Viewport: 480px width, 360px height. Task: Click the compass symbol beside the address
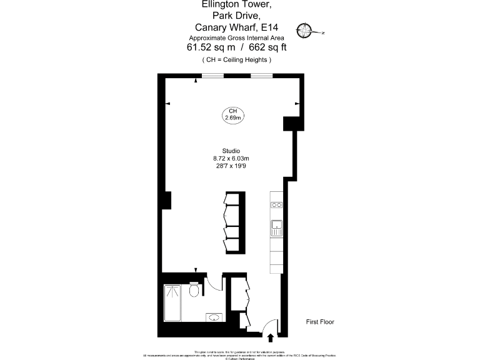304,29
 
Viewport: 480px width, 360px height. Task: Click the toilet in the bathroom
194,291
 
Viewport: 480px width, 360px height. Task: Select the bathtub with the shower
172,303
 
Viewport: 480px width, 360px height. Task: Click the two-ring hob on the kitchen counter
276,204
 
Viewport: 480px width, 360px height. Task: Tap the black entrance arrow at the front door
271,338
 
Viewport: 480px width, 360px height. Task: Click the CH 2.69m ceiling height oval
232,114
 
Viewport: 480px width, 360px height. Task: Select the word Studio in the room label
231,151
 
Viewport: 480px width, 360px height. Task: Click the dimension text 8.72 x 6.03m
231,158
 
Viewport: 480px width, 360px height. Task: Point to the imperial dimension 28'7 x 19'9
231,166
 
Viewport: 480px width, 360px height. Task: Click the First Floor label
319,322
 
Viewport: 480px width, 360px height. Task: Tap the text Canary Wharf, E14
237,27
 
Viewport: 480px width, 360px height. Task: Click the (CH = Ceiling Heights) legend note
237,60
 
